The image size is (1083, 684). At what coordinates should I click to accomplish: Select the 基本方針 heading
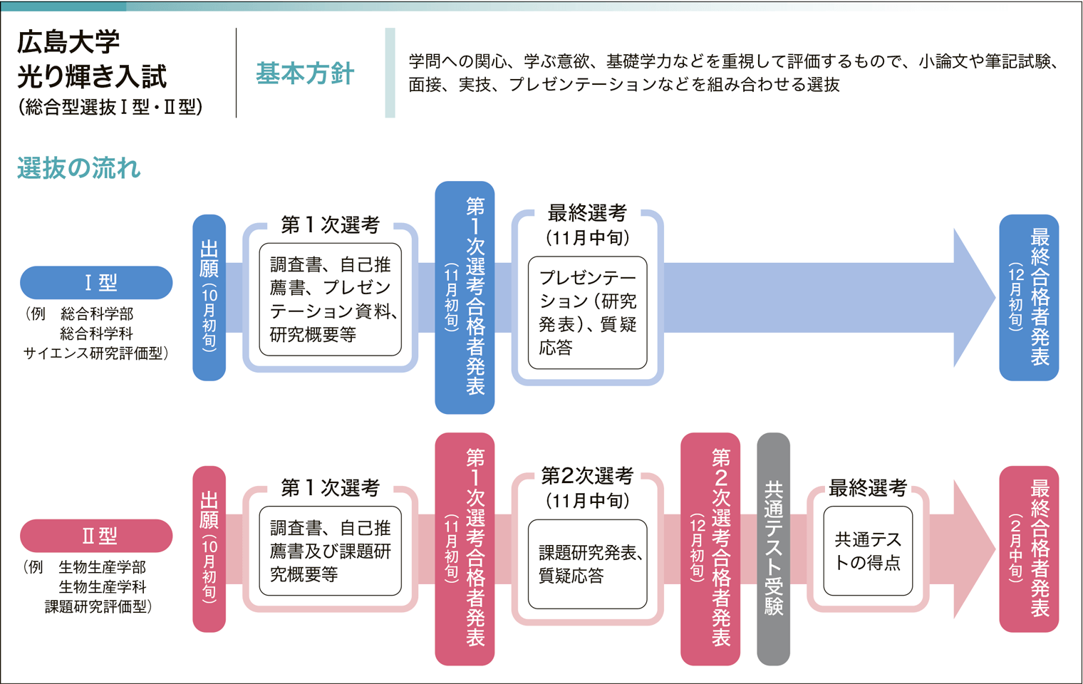point(305,73)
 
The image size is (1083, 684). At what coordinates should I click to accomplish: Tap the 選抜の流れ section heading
point(79,168)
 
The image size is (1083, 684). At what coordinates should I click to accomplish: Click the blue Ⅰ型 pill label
point(97,283)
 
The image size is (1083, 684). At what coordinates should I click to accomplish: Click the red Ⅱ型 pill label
point(97,536)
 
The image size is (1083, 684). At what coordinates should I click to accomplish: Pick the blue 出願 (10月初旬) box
point(209,297)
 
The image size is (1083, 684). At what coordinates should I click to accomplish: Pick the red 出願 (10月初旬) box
point(209,549)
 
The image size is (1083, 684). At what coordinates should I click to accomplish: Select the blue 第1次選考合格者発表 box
point(465,297)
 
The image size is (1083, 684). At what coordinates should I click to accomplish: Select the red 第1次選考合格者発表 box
point(465,549)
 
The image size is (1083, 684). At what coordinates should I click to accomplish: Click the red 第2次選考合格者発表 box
point(710,549)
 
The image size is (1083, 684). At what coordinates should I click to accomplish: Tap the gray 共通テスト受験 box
point(773,549)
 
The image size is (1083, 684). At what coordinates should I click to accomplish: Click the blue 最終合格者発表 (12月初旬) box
point(1029,297)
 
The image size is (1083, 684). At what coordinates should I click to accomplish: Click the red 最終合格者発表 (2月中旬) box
point(1029,549)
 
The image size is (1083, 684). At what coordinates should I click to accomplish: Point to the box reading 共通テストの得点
point(868,551)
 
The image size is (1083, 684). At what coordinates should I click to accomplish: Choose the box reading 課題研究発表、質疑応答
point(587,564)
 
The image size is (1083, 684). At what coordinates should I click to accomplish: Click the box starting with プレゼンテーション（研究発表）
point(587,313)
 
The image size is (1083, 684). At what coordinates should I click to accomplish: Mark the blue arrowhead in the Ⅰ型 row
point(973,297)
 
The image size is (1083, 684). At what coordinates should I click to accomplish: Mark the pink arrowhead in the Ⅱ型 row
point(973,549)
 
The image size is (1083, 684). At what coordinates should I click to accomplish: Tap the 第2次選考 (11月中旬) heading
point(587,487)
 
